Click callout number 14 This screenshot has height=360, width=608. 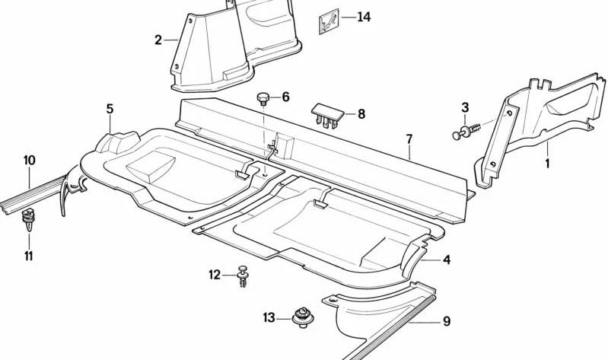tap(364, 17)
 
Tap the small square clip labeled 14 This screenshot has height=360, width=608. tap(329, 21)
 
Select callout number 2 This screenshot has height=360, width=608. tap(158, 40)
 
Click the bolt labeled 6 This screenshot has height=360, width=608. tap(263, 98)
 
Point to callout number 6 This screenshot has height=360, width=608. tap(285, 97)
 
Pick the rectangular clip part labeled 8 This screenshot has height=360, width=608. tap(328, 115)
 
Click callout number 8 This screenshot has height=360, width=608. tap(361, 114)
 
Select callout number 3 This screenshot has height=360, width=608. tap(465, 107)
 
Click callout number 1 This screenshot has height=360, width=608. tap(547, 164)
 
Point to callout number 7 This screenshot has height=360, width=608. tap(409, 139)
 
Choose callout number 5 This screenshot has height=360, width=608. tap(110, 109)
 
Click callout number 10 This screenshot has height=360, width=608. tap(29, 161)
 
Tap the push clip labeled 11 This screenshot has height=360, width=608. tap(27, 219)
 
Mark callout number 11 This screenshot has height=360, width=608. tap(28, 256)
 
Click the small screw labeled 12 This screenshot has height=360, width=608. tap(243, 276)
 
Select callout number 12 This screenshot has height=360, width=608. tap(215, 275)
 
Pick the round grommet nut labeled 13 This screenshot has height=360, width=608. tap(302, 317)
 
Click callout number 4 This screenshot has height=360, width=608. tap(447, 260)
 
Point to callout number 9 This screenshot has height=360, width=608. tap(447, 321)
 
